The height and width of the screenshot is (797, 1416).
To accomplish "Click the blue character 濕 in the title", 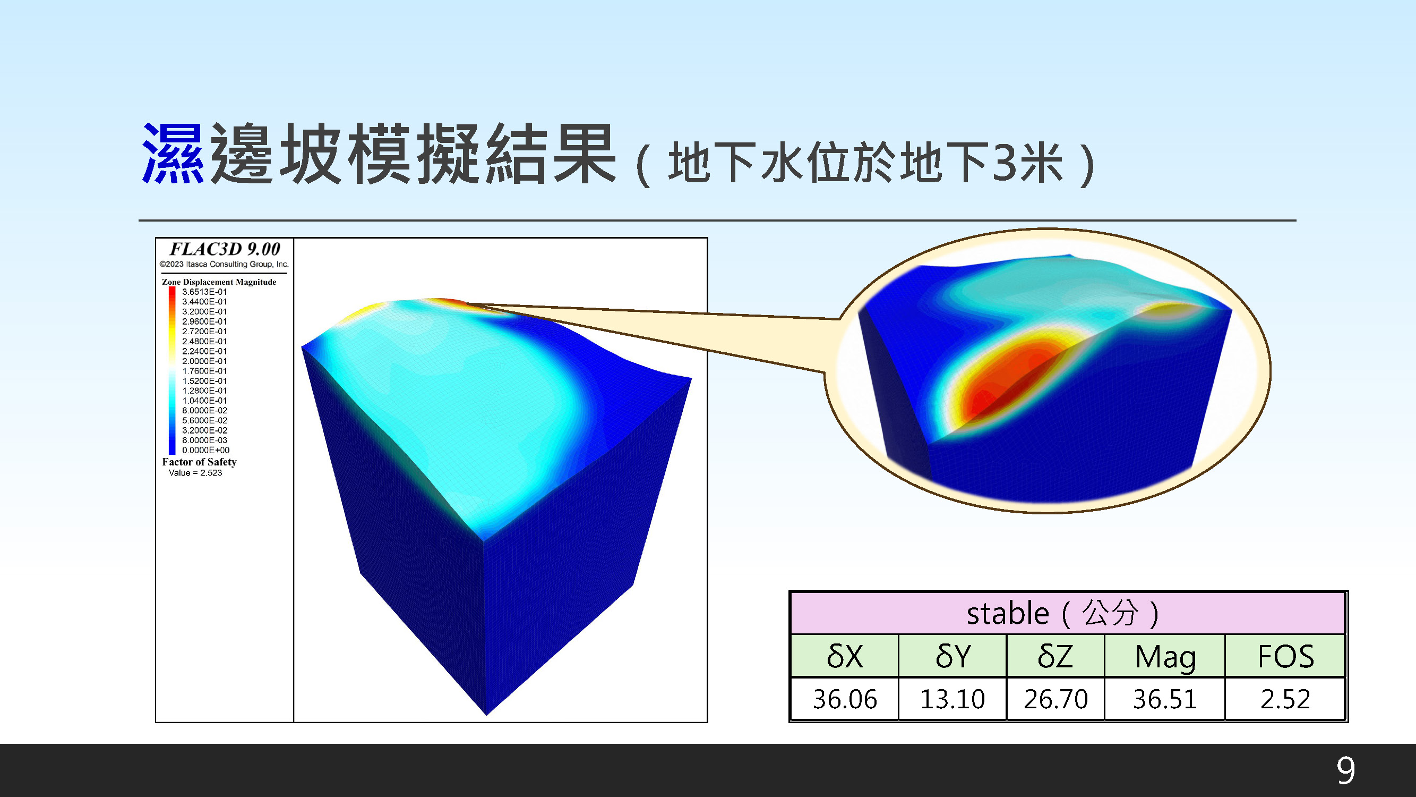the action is tap(173, 154).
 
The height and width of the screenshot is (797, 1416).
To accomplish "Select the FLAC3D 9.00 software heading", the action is tap(225, 249).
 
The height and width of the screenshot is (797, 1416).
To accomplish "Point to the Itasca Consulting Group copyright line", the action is tap(224, 264).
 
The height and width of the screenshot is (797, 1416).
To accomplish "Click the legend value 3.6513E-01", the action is tap(204, 292).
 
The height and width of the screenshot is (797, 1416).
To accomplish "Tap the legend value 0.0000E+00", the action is tap(205, 450).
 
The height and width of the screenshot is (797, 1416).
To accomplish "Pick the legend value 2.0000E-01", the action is tap(204, 361).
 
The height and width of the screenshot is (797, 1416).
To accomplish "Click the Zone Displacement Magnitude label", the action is tap(219, 282).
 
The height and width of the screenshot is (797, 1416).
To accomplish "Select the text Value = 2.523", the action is tap(195, 472).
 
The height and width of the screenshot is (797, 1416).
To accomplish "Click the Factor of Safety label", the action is tap(199, 462).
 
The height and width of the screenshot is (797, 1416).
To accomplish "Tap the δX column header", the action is tap(845, 656).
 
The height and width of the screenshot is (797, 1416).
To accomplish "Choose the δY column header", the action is tap(952, 656).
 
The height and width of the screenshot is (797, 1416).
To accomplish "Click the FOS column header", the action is tap(1286, 656).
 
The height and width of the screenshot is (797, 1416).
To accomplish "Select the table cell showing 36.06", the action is tap(845, 699).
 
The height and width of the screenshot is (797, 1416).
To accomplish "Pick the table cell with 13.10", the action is tap(952, 699).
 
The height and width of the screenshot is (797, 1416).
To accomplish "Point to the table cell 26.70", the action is tap(1055, 699).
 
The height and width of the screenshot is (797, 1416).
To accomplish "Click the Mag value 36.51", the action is tap(1165, 699).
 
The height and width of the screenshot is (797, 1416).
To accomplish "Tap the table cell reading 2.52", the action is tap(1285, 699).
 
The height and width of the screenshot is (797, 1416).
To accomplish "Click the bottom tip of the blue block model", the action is tap(487, 715).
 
